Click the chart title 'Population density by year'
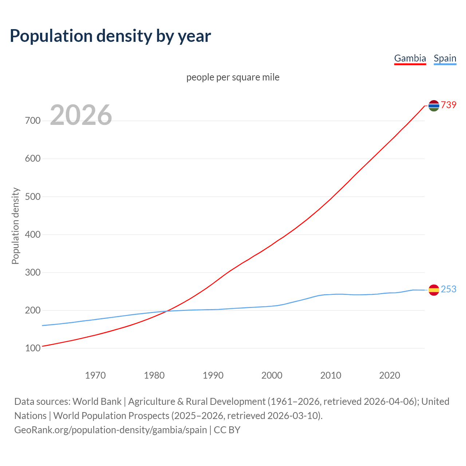[x=110, y=36]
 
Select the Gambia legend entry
[x=410, y=58]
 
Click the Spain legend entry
[x=445, y=58]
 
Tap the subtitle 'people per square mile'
[x=233, y=77]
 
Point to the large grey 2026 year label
[x=81, y=115]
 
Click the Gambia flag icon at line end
[x=434, y=106]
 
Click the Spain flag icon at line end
[x=434, y=290]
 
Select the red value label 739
[x=449, y=105]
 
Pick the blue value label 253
[x=449, y=289]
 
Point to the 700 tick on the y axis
[x=33, y=121]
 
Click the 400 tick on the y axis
[x=33, y=234]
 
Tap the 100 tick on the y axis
[x=33, y=348]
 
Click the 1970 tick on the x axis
[x=95, y=375]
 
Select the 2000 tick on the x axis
[x=272, y=375]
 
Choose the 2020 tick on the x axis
[x=390, y=375]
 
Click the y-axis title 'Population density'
[x=15, y=226]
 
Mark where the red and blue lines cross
[x=166, y=311]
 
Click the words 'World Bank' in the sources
[x=97, y=402]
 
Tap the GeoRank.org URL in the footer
[x=111, y=430]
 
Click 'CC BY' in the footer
[x=227, y=430]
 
